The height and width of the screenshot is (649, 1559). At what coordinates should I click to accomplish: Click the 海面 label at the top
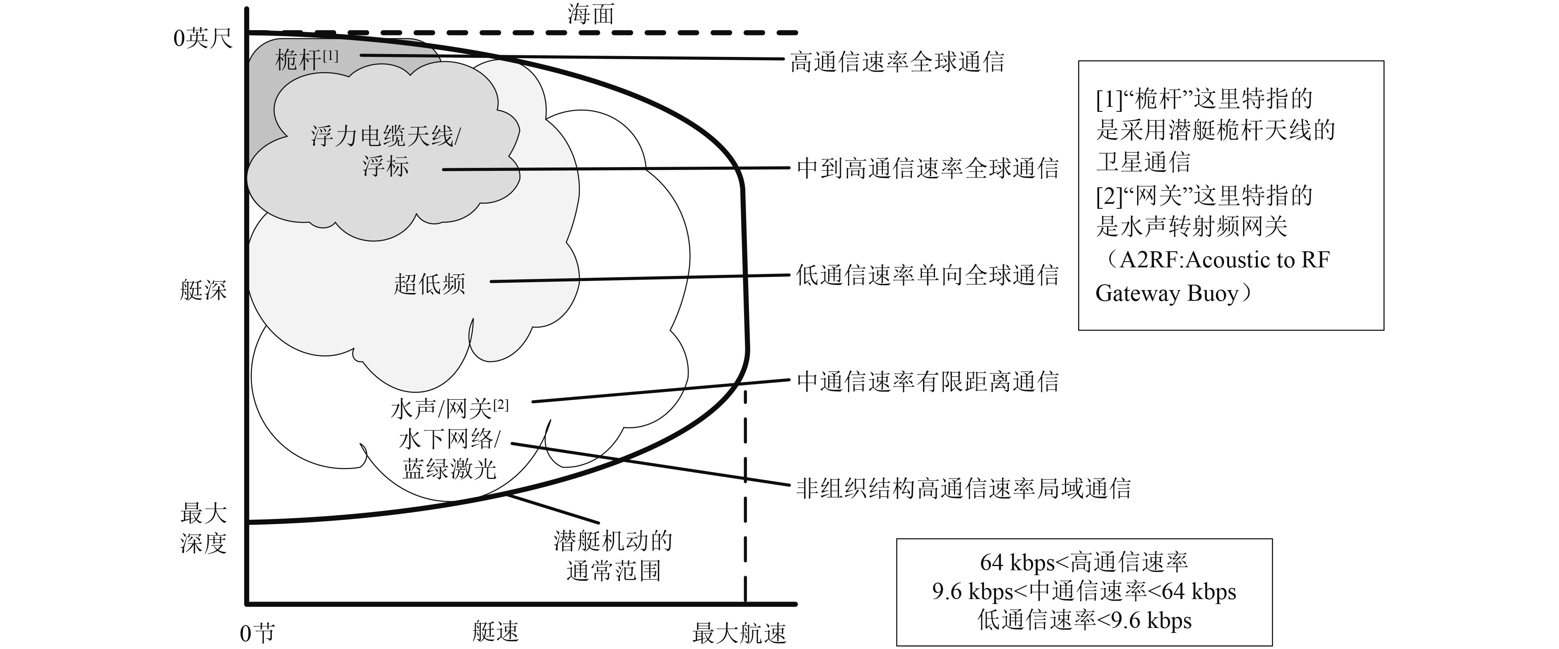click(x=591, y=14)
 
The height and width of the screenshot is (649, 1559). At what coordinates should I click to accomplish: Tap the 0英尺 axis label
click(x=203, y=38)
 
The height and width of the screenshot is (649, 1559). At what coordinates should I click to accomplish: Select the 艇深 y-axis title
click(x=203, y=290)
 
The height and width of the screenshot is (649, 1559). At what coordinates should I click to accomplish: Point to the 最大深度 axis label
click(x=203, y=529)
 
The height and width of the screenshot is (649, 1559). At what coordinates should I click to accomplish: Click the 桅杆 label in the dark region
click(x=298, y=60)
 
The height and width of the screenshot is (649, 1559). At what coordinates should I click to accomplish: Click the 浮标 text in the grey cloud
click(x=386, y=165)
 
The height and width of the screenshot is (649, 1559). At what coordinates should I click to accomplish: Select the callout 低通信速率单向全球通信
click(x=927, y=275)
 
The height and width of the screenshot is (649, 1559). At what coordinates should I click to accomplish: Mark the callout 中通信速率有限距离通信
click(x=927, y=381)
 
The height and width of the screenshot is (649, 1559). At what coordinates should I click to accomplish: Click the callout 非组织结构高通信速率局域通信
click(x=963, y=488)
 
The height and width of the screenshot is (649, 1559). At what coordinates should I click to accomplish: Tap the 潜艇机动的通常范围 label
click(x=612, y=556)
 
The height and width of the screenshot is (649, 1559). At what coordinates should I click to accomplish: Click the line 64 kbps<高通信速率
click(x=1084, y=562)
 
